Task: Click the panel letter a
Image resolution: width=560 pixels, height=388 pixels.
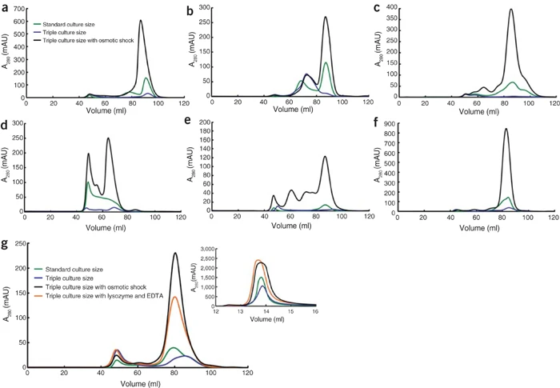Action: click(6, 8)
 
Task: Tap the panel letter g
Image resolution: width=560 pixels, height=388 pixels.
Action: click(6, 242)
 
